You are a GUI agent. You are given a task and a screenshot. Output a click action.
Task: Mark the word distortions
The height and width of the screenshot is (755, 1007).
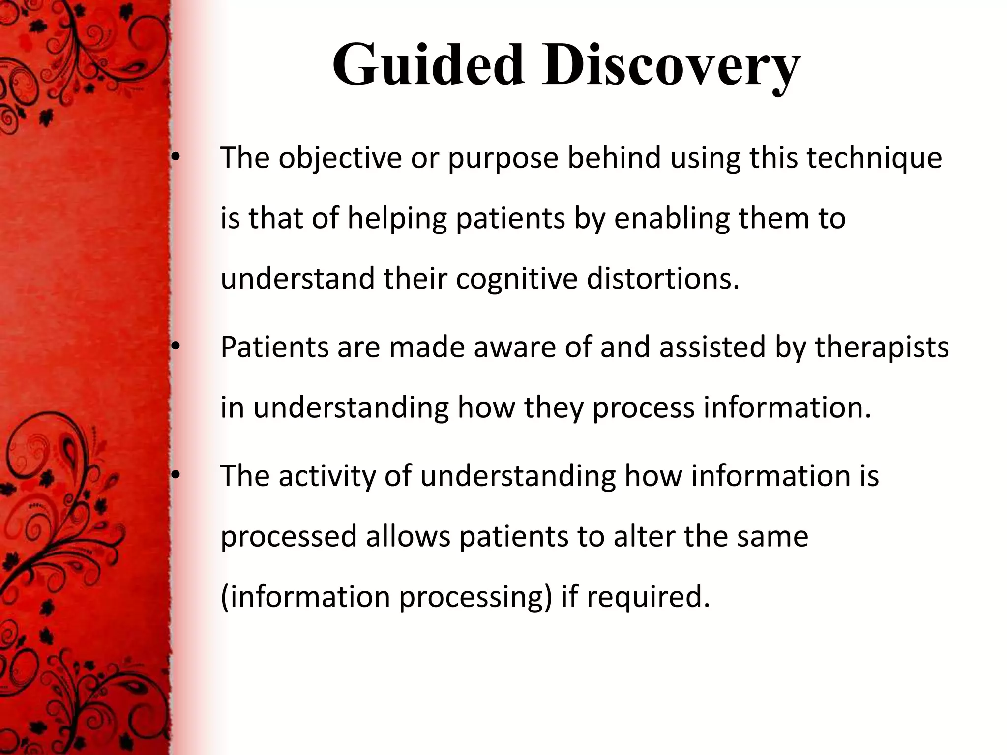tap(663, 278)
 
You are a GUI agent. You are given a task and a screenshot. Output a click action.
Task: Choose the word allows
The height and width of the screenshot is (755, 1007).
tap(408, 536)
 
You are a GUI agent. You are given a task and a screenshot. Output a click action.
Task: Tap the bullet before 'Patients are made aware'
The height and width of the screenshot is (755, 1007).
tap(176, 347)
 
